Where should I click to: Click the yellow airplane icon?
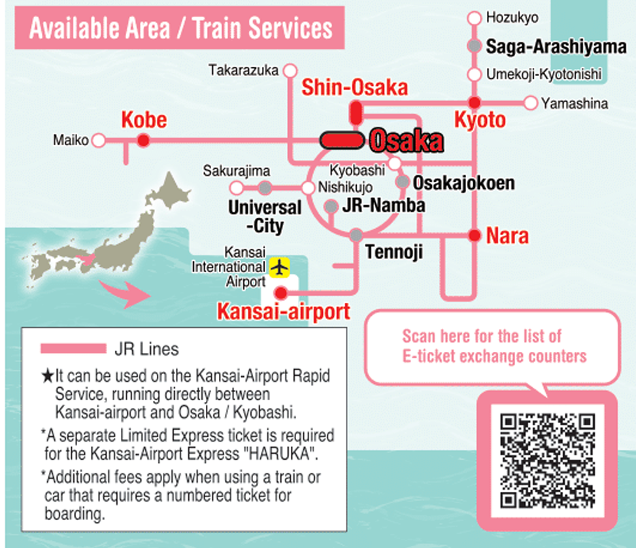[x=280, y=267]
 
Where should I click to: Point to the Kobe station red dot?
[x=143, y=140]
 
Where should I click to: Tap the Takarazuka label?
[x=244, y=70]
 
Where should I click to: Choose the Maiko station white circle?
[x=99, y=140]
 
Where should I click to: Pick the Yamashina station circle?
[x=530, y=103]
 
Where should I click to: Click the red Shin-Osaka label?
[x=354, y=88]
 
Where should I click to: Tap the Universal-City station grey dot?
[x=265, y=188]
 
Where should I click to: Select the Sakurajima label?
[x=237, y=171]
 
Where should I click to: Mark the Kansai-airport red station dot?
[x=281, y=292]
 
